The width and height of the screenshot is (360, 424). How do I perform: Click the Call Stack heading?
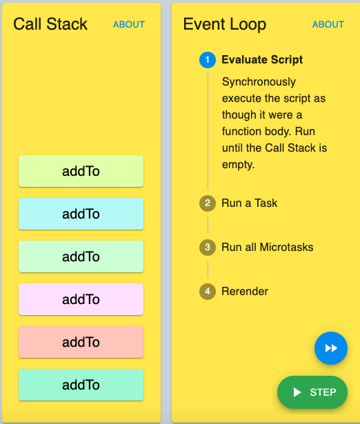point(50,24)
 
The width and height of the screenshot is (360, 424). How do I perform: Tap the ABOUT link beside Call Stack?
point(129,25)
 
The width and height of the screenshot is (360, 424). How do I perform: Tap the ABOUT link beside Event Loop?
point(328,25)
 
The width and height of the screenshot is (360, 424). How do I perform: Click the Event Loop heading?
point(225,25)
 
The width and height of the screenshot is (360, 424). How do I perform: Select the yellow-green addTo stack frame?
point(81,171)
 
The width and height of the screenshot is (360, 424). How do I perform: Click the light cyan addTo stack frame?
point(81,214)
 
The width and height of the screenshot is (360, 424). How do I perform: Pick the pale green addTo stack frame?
point(81,256)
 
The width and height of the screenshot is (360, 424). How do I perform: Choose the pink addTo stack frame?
point(81,299)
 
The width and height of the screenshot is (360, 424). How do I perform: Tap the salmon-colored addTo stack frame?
point(81,342)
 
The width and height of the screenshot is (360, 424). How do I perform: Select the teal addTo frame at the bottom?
point(81,385)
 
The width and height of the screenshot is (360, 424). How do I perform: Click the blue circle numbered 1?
point(208,60)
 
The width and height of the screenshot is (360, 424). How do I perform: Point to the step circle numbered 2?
point(208,203)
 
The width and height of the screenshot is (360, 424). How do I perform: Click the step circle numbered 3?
point(208,247)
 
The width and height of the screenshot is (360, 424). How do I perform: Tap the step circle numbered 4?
point(208,291)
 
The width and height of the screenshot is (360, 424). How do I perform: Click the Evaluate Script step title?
point(262,60)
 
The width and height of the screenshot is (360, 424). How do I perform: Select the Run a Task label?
point(250,203)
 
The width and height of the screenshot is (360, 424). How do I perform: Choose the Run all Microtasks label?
point(267,247)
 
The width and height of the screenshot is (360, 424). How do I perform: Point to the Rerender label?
point(245,291)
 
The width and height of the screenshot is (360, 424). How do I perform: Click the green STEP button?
point(312,392)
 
